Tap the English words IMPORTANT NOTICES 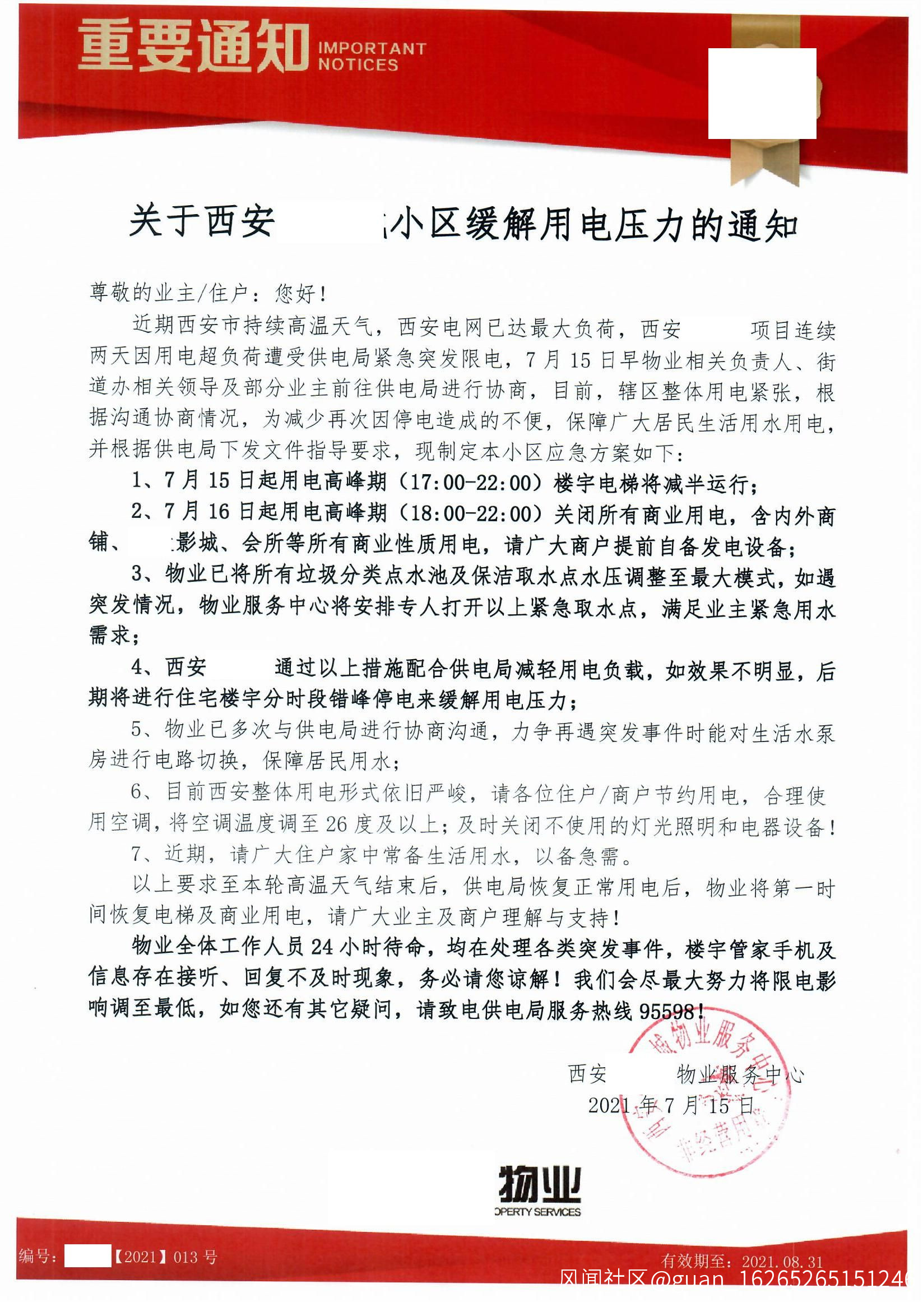(x=372, y=57)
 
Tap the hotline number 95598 (x=666, y=1012)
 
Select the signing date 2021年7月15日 (x=671, y=1105)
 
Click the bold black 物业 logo (x=539, y=1185)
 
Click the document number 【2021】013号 (x=165, y=1257)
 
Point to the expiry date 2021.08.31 (x=782, y=1262)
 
